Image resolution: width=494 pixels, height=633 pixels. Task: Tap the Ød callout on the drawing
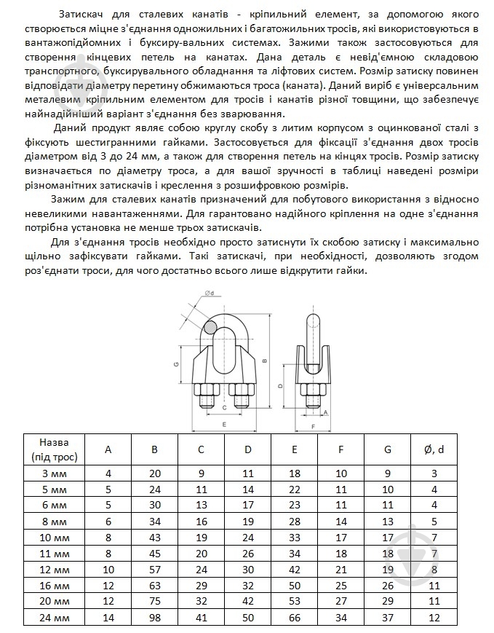pyautogui.click(x=210, y=294)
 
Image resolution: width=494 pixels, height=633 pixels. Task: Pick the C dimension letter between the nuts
pyautogui.click(x=223, y=408)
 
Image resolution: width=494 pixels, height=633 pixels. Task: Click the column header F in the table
pyautogui.click(x=341, y=449)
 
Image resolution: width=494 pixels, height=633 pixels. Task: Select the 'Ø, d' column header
pyautogui.click(x=434, y=449)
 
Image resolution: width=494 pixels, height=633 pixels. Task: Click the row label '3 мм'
pyautogui.click(x=55, y=473)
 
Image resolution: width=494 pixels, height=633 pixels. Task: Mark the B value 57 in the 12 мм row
pyautogui.click(x=154, y=568)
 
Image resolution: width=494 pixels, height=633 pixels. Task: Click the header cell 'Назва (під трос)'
pyautogui.click(x=55, y=449)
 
